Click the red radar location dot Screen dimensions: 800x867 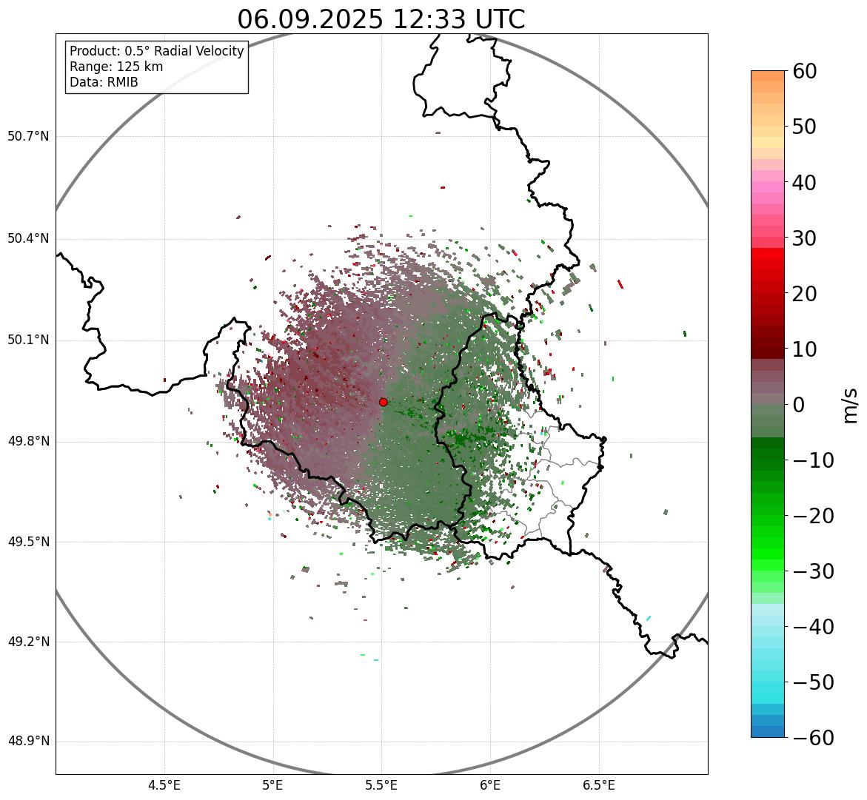pos(383,402)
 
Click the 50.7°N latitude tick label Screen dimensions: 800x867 pos(28,137)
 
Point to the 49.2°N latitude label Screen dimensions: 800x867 pos(28,642)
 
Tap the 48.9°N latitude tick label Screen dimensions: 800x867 pos(28,742)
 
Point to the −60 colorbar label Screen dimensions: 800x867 pos(812,738)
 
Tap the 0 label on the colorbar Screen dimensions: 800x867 pos(799,405)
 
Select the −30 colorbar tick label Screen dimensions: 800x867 pos(812,571)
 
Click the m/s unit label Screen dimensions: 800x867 pos(851,405)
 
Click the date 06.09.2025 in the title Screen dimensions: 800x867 pos(310,19)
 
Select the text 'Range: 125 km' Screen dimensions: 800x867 pos(116,67)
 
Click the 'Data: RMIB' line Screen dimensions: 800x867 pos(104,82)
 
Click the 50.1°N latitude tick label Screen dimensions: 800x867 pos(28,340)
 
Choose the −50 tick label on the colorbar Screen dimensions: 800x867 pos(812,682)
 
